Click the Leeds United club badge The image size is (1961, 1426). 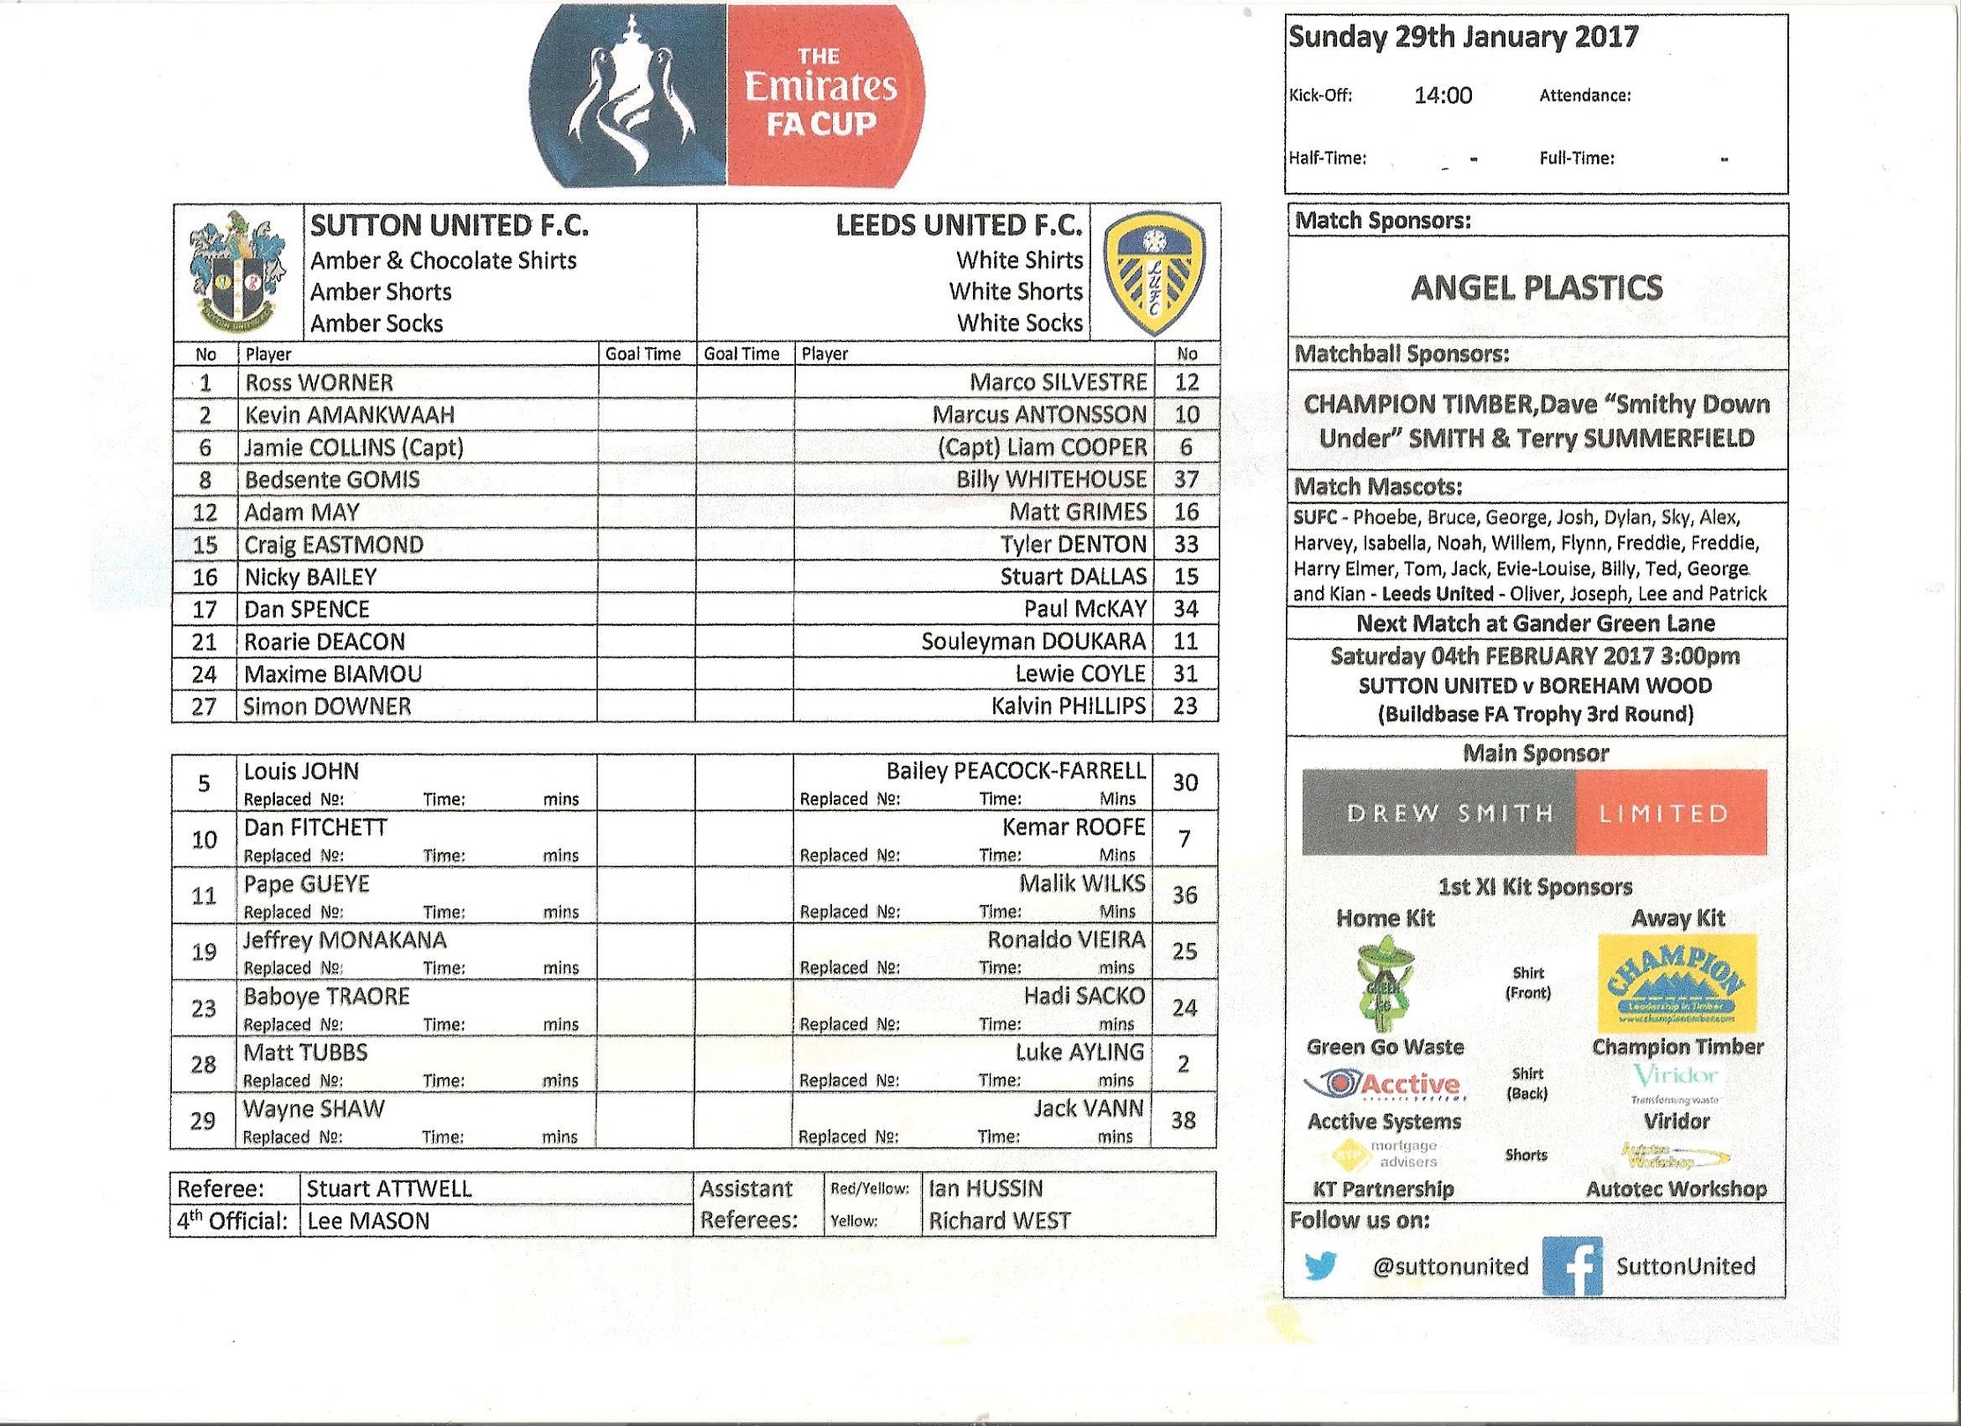[x=1155, y=271]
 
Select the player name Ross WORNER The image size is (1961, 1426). [x=319, y=382]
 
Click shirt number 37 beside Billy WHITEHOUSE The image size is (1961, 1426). [x=1186, y=479]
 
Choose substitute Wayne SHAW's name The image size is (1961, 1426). [x=314, y=1109]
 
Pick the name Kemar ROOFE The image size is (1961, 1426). [x=1073, y=828]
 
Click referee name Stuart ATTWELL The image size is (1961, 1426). [x=389, y=1189]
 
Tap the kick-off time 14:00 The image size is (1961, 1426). [x=1443, y=96]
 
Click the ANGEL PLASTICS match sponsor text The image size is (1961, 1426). [x=1536, y=288]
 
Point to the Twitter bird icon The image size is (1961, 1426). [x=1319, y=1266]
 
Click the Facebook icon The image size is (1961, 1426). [x=1571, y=1266]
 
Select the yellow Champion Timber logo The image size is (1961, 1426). [x=1677, y=983]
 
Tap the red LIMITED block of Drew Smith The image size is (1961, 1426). [x=1670, y=813]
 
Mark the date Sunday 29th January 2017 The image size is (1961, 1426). [x=1463, y=37]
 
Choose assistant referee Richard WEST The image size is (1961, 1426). [x=999, y=1222]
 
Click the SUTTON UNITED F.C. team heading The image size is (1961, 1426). [x=449, y=227]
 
